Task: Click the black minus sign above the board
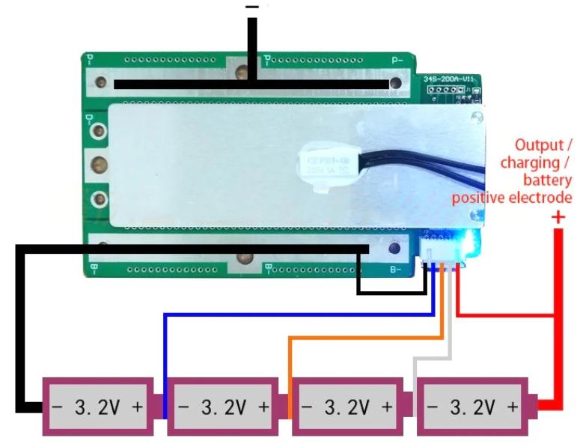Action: coord(252,7)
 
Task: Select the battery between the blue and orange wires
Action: coord(225,407)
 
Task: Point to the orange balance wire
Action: coord(359,338)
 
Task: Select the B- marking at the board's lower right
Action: coord(396,269)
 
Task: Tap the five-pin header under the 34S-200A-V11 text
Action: coord(444,91)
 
